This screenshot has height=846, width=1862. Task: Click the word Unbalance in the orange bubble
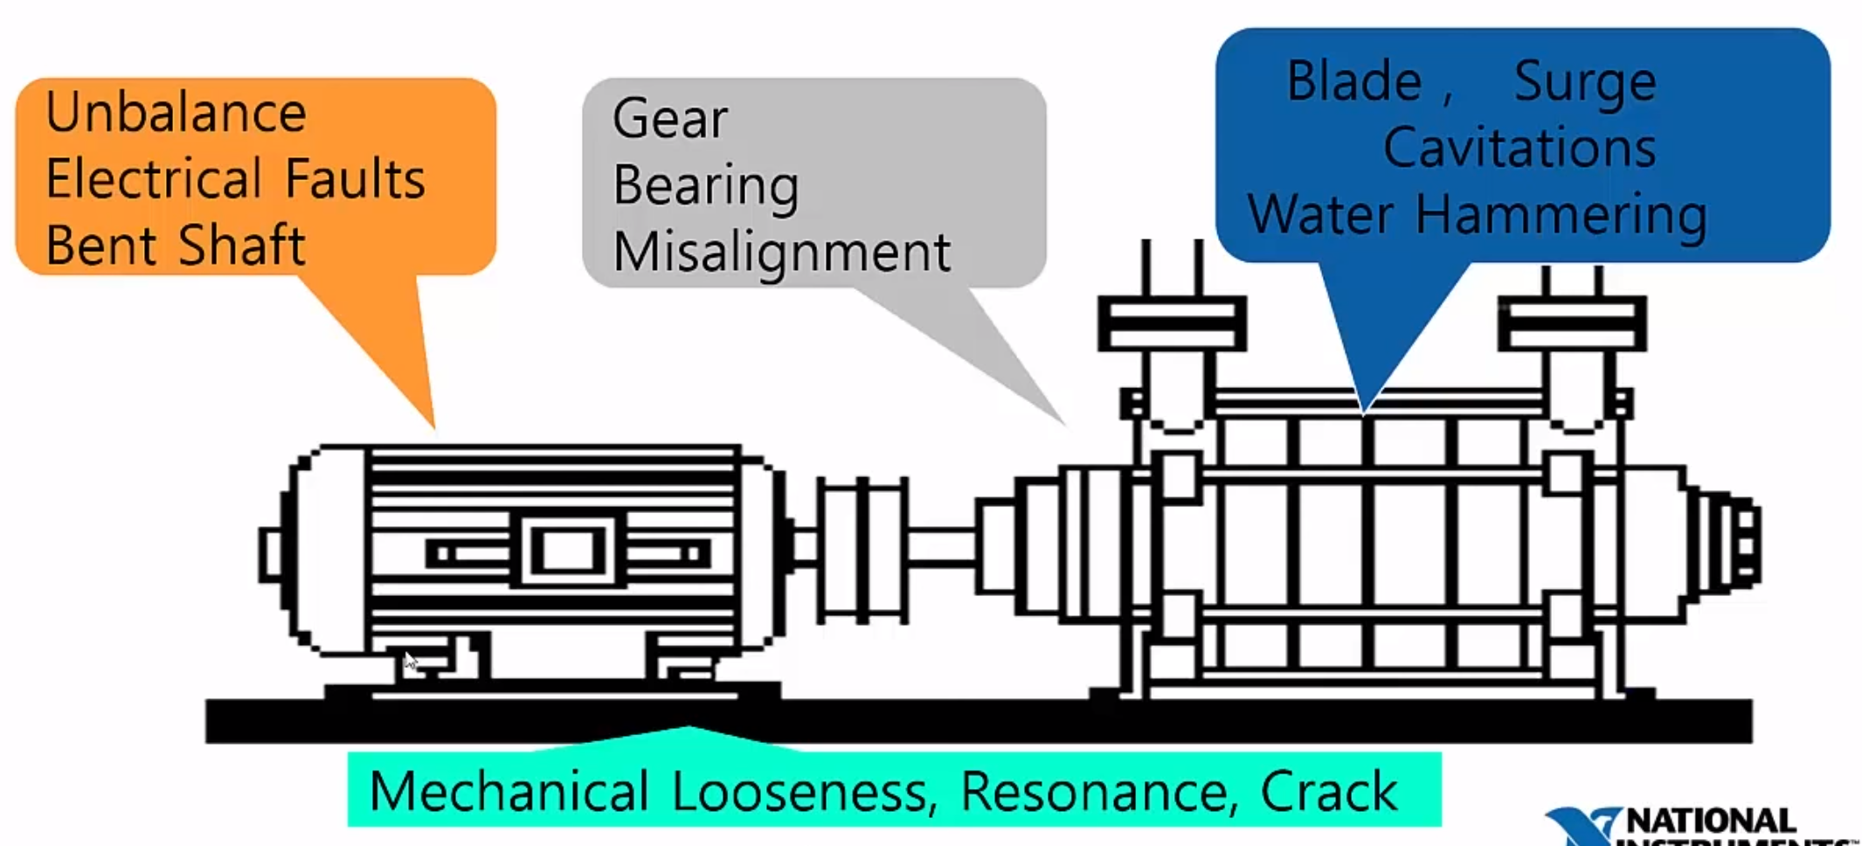[x=176, y=113]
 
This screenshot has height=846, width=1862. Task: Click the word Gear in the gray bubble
[x=670, y=119]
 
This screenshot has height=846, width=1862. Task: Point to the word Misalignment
[x=781, y=253]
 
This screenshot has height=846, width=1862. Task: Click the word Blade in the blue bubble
[x=1354, y=81]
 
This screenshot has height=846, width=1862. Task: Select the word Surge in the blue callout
[x=1584, y=83]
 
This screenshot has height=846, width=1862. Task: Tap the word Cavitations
[x=1519, y=147]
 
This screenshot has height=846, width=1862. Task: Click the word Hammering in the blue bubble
[x=1561, y=215]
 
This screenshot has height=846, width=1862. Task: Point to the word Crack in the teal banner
[x=1328, y=792]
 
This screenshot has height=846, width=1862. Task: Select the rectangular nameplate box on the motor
[x=568, y=551]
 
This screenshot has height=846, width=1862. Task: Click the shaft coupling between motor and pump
[x=862, y=550]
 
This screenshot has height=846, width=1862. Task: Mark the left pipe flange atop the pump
[x=1172, y=322]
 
